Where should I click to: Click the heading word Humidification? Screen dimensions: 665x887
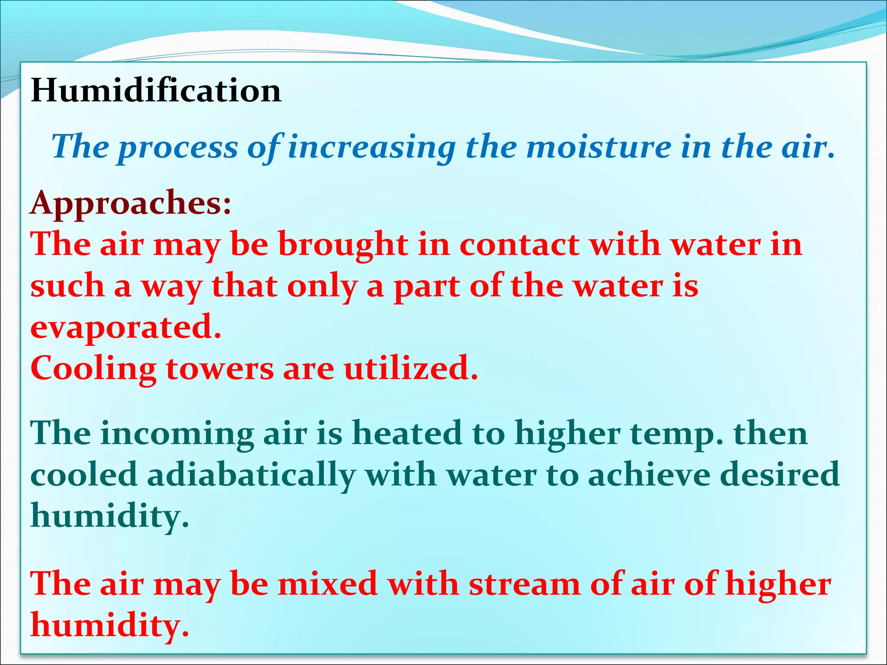click(x=156, y=90)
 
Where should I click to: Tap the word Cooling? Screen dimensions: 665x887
click(x=94, y=369)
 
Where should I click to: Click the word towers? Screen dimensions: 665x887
click(x=220, y=368)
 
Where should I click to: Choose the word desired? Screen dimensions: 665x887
click(x=780, y=475)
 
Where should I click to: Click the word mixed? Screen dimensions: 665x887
click(x=327, y=584)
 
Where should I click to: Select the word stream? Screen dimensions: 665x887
click(x=524, y=584)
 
